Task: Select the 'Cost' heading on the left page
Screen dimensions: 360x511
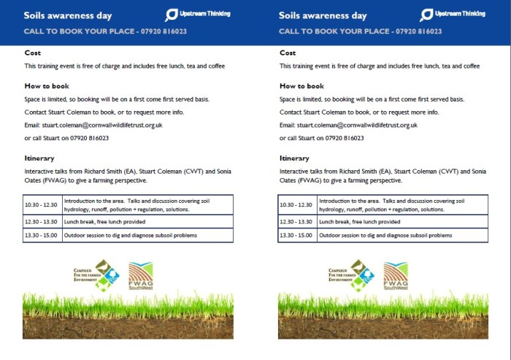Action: point(32,53)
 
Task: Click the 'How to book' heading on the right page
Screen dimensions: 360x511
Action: point(301,86)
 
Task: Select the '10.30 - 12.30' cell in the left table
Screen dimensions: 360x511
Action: point(42,204)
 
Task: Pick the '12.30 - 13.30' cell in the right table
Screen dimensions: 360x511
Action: point(297,221)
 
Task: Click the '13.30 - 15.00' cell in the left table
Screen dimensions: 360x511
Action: point(42,235)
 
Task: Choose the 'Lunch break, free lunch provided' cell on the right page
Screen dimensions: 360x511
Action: point(359,221)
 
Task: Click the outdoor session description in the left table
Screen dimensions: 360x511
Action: point(131,235)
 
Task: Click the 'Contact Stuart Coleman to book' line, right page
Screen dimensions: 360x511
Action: point(359,112)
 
